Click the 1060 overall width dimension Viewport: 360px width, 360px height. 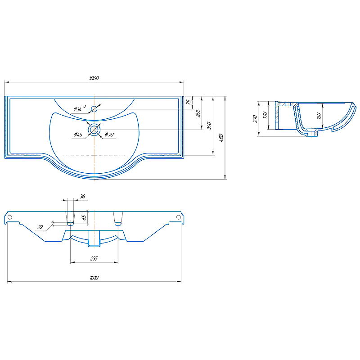[94, 78]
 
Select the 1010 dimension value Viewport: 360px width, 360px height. [94, 278]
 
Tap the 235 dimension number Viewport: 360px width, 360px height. [94, 258]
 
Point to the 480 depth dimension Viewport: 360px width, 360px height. [221, 138]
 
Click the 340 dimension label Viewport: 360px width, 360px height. [209, 126]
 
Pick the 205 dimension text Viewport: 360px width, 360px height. [198, 113]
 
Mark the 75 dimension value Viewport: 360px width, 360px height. [189, 102]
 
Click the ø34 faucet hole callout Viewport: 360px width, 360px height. [80, 108]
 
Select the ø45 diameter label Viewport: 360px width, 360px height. [78, 135]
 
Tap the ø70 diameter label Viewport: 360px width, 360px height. [109, 135]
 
